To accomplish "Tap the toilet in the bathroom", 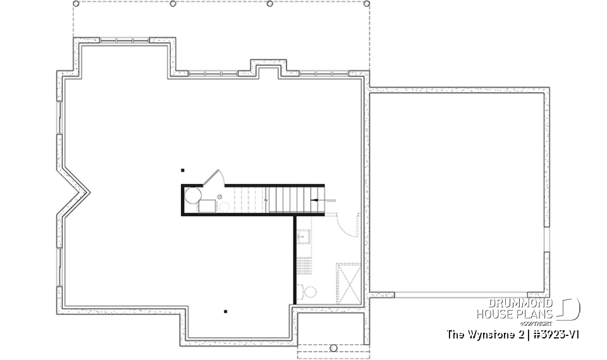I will click(x=308, y=292).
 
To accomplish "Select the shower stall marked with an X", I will click(x=348, y=283).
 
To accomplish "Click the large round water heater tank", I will click(x=192, y=194).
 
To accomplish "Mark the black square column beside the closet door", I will click(x=183, y=170).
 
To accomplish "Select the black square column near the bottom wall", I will click(x=225, y=311).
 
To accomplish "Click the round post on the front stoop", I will click(x=333, y=347).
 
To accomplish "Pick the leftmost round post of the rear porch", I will click(x=76, y=4).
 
